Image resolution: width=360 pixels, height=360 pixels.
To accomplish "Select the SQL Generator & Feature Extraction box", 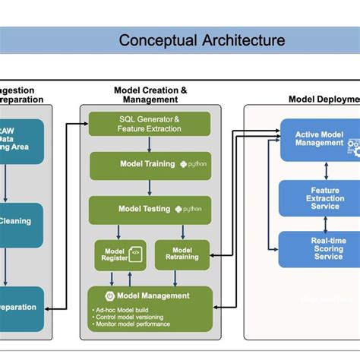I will [150, 124].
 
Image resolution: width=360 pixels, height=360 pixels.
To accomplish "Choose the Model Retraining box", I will [182, 253].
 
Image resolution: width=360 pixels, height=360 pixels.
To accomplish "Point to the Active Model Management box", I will [319, 139].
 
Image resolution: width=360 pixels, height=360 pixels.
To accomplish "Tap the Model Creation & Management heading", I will [150, 95].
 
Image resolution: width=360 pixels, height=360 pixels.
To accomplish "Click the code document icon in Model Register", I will [136, 254].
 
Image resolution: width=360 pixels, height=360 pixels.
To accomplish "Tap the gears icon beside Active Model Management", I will [354, 146].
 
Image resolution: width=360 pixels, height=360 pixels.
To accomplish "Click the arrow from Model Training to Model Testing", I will [150, 187].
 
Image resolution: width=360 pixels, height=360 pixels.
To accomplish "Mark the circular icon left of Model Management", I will [110, 295].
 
